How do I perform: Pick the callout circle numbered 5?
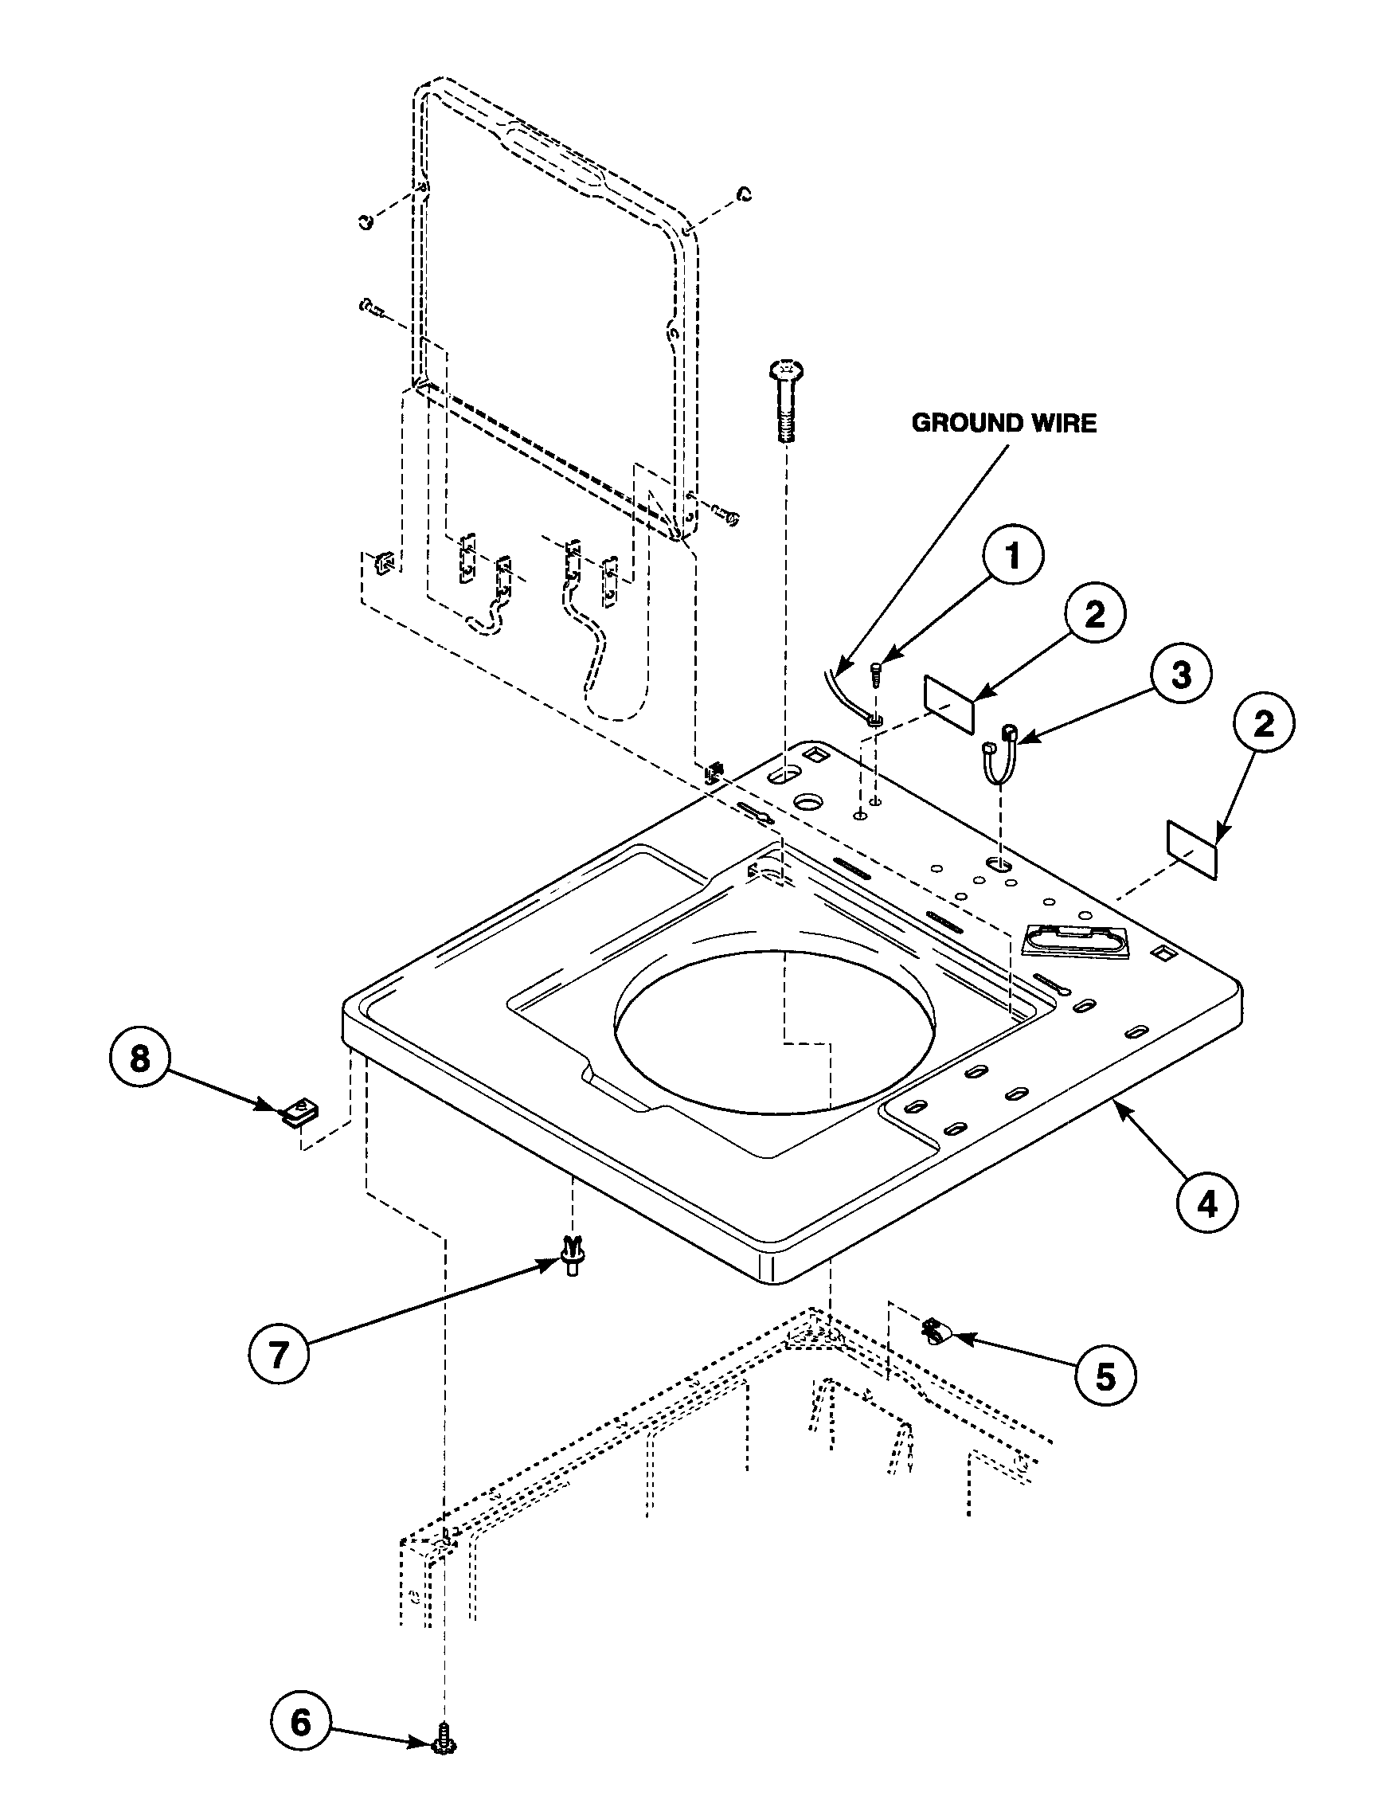[1105, 1375]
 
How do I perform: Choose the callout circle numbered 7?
[279, 1354]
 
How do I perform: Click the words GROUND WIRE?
[1003, 424]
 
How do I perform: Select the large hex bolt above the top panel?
[785, 401]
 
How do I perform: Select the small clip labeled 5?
[934, 1329]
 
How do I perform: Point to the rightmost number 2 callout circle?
[1263, 725]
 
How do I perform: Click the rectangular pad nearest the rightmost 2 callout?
[1191, 849]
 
